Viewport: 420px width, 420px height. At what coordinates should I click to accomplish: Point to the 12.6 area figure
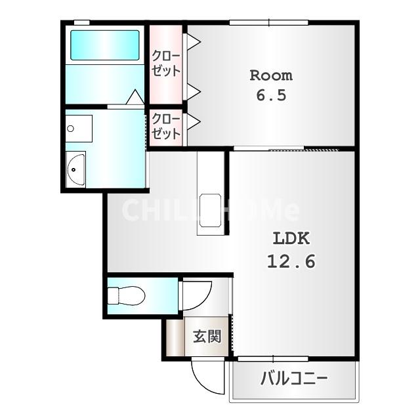290,261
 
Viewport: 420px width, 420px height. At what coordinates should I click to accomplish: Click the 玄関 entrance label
206,337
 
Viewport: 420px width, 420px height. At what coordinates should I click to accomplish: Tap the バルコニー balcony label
294,379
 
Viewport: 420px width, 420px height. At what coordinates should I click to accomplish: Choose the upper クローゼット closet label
165,63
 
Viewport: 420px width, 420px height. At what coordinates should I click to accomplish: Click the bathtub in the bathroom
104,46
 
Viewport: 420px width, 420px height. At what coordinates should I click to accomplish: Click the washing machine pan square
79,129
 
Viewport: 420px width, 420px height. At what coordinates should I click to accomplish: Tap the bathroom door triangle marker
135,97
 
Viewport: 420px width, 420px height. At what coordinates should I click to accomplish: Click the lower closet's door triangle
194,121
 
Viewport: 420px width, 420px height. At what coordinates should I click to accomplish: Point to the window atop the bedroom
269,24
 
